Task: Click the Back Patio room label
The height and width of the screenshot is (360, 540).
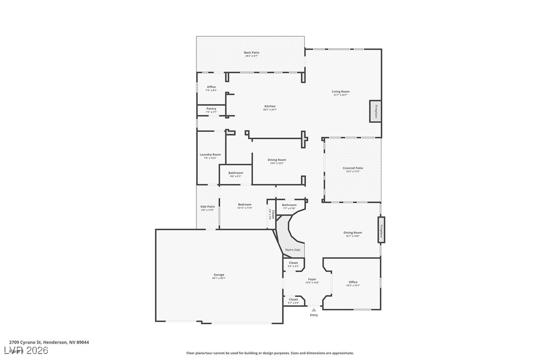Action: [x=251, y=53]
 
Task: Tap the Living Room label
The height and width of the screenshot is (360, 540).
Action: [x=341, y=91]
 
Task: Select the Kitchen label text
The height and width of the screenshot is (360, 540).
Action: [x=270, y=106]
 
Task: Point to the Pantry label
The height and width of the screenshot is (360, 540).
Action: [x=211, y=109]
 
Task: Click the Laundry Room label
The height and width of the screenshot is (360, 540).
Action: [x=210, y=155]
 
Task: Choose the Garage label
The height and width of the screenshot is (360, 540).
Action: [x=219, y=275]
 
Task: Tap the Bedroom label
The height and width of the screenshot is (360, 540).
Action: [x=245, y=204]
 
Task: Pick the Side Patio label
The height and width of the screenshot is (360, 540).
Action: [x=207, y=207]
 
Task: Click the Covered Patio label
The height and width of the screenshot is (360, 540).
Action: [x=353, y=168]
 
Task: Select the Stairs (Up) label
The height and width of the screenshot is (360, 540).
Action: [x=292, y=250]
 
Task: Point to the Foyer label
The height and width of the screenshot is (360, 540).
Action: [x=312, y=279]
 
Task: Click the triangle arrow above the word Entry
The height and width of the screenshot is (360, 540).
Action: [x=314, y=310]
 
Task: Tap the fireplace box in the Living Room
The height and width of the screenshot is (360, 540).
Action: [x=375, y=111]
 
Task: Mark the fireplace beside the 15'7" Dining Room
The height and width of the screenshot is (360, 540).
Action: [x=381, y=230]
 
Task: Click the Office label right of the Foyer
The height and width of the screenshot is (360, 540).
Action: [x=353, y=282]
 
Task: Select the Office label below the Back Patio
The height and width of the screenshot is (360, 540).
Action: [x=211, y=87]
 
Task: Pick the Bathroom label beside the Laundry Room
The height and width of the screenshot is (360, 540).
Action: [x=236, y=173]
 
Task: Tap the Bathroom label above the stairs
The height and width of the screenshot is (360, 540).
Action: [x=289, y=205]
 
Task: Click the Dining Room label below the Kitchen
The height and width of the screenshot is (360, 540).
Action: [x=277, y=160]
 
